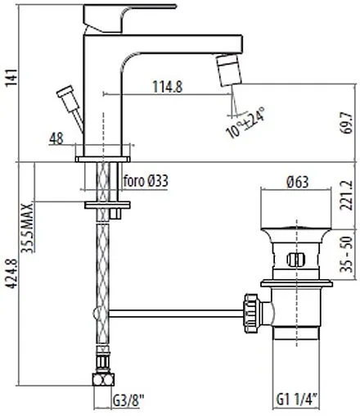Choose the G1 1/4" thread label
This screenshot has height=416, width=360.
(x=298, y=401)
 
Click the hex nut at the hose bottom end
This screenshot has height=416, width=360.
(x=104, y=381)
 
